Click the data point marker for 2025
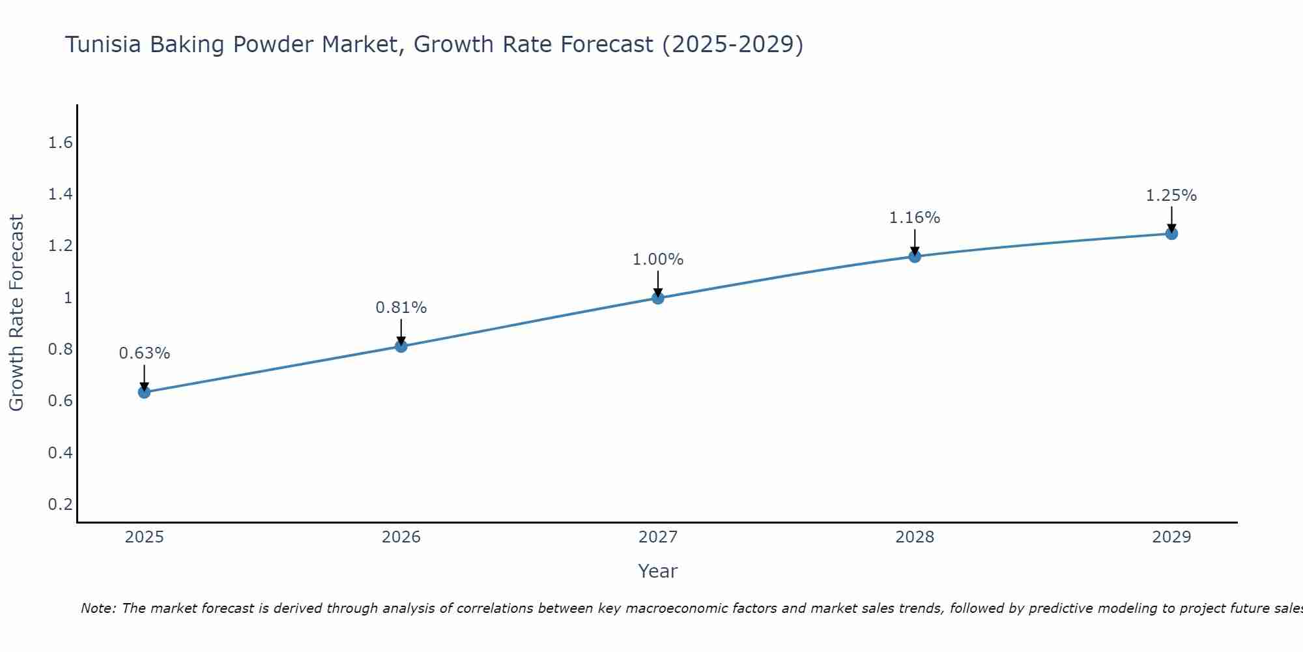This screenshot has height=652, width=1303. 144,392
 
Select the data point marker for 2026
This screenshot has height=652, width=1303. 401,346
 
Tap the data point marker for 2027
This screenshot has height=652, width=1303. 658,298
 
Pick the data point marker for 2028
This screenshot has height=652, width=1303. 915,256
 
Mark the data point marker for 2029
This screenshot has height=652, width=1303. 1171,233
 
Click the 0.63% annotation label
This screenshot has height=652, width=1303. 144,353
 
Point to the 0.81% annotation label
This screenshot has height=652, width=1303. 401,308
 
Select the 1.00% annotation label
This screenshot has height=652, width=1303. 658,259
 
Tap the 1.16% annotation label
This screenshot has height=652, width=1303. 915,218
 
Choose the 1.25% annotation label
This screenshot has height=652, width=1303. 1171,196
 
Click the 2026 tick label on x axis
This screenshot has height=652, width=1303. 401,537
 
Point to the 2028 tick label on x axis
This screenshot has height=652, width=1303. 915,537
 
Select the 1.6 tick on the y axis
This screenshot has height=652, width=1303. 60,143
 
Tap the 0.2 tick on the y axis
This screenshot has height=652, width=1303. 60,504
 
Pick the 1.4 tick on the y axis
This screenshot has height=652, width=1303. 60,194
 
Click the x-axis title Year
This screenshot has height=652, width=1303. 658,571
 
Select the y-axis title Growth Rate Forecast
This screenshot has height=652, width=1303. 16,313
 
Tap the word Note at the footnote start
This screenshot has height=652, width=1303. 98,608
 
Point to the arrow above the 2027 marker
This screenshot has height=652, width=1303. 658,284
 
